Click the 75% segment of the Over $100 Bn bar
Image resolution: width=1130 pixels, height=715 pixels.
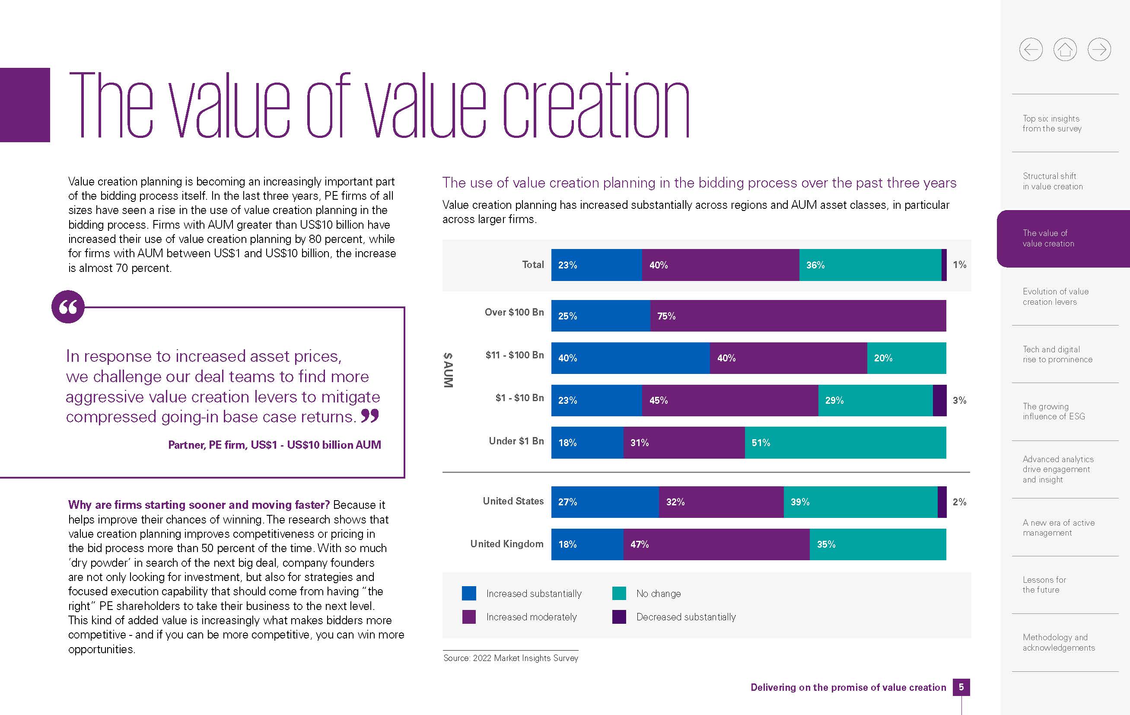pos(798,316)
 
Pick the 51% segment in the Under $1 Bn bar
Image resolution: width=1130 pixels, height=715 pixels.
pos(845,443)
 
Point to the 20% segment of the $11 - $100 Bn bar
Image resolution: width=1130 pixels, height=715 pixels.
pos(906,358)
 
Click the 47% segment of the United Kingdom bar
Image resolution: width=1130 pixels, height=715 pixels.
pos(716,545)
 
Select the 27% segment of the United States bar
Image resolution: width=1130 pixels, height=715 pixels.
pos(605,502)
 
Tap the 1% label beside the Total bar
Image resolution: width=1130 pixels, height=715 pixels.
pos(959,265)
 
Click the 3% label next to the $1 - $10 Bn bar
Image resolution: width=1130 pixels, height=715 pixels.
pos(959,400)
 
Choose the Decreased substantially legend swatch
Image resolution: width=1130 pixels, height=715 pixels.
pos(619,617)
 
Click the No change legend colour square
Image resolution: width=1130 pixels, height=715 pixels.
pos(619,594)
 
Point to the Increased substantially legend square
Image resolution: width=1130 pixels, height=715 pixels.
pos(469,594)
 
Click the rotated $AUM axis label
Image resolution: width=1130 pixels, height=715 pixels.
pos(448,370)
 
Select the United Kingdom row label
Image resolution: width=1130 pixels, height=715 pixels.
pos(507,544)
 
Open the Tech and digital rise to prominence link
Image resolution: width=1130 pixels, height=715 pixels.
pos(1057,354)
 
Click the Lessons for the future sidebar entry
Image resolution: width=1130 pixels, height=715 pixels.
pos(1044,585)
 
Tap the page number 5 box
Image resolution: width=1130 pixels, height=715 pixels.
pos(961,687)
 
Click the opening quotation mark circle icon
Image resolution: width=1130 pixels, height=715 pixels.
pos(68,307)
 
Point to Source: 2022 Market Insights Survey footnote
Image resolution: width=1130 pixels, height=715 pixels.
pos(511,658)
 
